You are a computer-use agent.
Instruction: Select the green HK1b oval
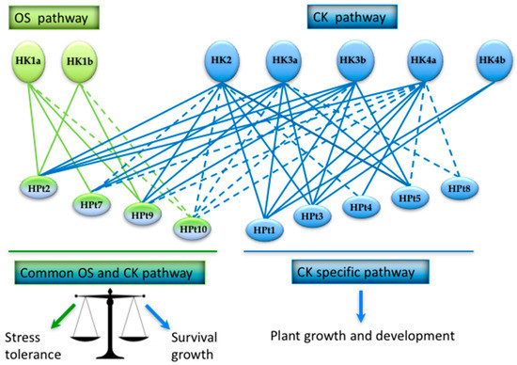(x=82, y=63)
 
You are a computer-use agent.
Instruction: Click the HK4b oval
(x=492, y=62)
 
